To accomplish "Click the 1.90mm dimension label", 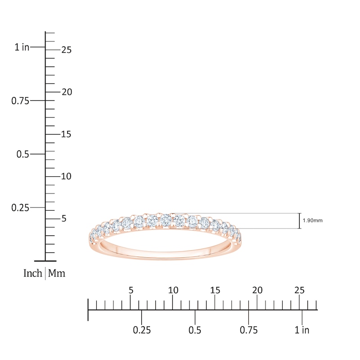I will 313,221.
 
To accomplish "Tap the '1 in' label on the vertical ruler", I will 22,47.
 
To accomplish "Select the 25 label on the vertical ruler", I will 67,50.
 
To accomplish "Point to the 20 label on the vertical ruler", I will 67,92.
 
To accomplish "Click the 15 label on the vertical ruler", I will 67,135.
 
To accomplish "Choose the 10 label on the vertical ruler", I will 67,176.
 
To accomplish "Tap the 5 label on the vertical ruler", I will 63,219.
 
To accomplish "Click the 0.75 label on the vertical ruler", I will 20,101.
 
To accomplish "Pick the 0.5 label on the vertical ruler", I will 23,154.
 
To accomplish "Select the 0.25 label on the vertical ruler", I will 20,207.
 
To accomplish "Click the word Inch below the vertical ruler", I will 33,273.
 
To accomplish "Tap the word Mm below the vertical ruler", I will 57,273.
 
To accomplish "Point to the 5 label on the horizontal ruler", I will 131,290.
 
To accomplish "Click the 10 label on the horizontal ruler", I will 173,290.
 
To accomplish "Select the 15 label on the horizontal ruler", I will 215,290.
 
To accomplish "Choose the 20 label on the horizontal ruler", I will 257,290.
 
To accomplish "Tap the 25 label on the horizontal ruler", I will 300,290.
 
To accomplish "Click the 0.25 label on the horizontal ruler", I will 142,330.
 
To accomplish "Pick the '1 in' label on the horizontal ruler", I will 302,330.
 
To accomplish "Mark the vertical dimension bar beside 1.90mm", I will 299,221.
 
